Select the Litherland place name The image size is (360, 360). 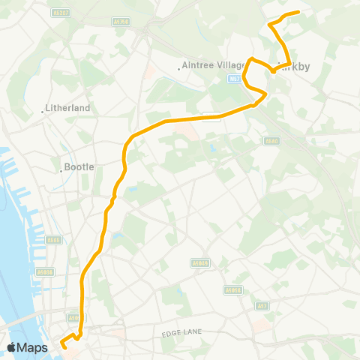tap(68, 108)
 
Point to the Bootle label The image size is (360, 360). tap(79, 167)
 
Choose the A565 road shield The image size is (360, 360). tap(52, 240)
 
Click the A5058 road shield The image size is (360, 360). tap(231, 289)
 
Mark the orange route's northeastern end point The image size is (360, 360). tap(298, 12)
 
